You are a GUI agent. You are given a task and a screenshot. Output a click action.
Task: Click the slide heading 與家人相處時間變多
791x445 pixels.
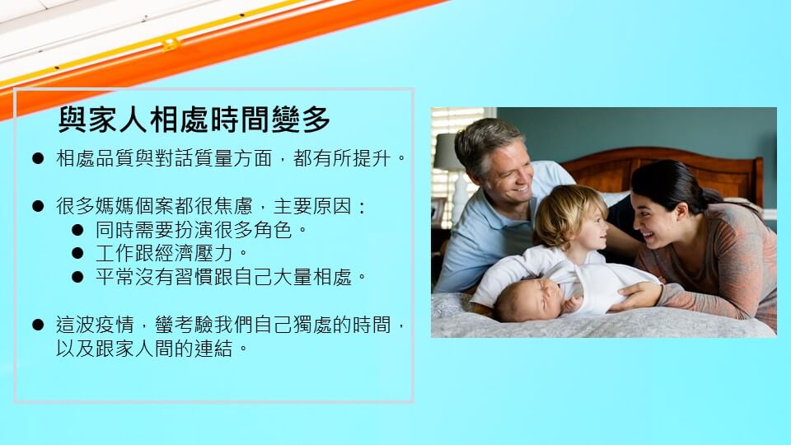coord(194,119)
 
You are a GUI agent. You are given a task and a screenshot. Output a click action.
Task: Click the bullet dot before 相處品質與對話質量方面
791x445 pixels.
coord(38,158)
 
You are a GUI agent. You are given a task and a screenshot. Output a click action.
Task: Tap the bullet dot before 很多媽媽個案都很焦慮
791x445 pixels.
coord(38,206)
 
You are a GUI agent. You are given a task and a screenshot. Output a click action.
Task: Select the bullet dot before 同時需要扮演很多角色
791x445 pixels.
coord(77,230)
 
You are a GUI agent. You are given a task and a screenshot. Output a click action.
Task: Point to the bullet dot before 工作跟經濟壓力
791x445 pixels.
coord(77,253)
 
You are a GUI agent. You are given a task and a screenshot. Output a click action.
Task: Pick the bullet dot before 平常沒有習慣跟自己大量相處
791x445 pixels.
coord(77,277)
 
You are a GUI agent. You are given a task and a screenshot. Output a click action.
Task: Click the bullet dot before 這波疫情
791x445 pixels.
coord(38,325)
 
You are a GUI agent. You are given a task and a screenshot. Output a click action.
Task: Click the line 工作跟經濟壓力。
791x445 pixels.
coord(172,253)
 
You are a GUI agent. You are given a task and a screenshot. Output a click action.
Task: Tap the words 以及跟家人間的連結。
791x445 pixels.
coord(152,349)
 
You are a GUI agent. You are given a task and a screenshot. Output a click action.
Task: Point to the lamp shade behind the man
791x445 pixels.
coord(447,152)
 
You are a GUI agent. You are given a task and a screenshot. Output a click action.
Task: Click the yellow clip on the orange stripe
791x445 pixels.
coord(171,44)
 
